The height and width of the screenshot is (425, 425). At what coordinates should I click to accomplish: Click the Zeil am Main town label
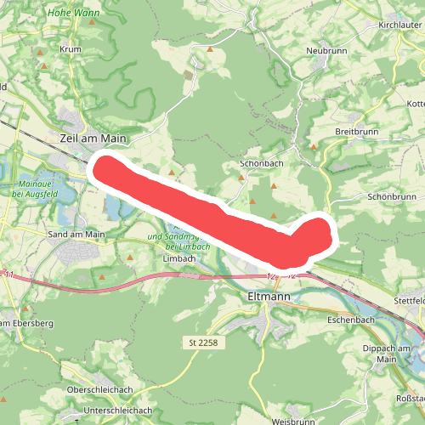93,137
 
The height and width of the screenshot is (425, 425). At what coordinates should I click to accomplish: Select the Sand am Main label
76,235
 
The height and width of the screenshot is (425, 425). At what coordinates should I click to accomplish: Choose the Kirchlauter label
399,25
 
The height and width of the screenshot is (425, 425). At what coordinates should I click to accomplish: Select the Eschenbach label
350,320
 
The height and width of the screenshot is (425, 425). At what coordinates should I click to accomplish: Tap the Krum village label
70,49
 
